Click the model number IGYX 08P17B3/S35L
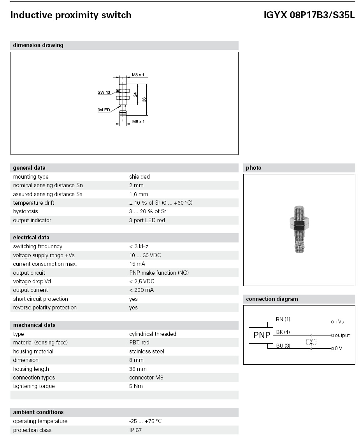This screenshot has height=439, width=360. click(x=309, y=15)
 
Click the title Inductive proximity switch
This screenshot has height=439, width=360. click(x=71, y=15)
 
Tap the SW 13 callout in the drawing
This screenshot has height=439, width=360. click(x=104, y=93)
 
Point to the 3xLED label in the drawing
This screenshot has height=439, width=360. click(x=104, y=110)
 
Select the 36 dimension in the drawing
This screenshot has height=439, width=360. click(x=144, y=99)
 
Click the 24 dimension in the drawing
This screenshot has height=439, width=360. click(x=135, y=94)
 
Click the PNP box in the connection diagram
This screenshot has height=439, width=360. click(x=262, y=335)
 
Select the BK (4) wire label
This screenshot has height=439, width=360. click(x=283, y=332)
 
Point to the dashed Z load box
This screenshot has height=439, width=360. click(x=311, y=342)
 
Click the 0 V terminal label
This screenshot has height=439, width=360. click(x=338, y=348)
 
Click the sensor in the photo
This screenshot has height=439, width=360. click(x=299, y=230)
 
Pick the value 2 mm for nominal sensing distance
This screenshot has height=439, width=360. click(x=136, y=185)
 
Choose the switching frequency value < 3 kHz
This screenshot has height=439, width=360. click(x=139, y=246)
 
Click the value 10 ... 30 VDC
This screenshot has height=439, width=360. click(x=145, y=255)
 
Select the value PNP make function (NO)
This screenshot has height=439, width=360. click(x=159, y=273)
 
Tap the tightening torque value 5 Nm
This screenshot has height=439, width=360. click(x=136, y=386)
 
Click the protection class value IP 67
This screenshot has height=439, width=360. click(x=135, y=430)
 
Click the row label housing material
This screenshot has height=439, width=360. click(x=33, y=351)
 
